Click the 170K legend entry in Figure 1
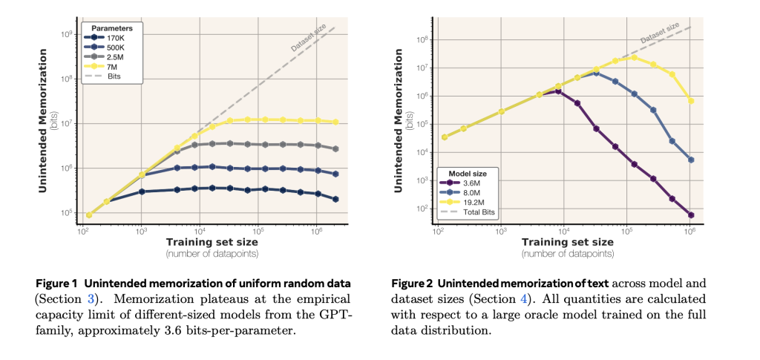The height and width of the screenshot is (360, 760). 112,38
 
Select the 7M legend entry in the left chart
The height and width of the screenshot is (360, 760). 112,66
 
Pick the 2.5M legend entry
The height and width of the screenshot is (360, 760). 112,56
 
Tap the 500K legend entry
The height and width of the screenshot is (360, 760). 112,48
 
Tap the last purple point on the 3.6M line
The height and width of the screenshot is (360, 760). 691,215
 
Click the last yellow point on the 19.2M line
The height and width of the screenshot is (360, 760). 691,101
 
